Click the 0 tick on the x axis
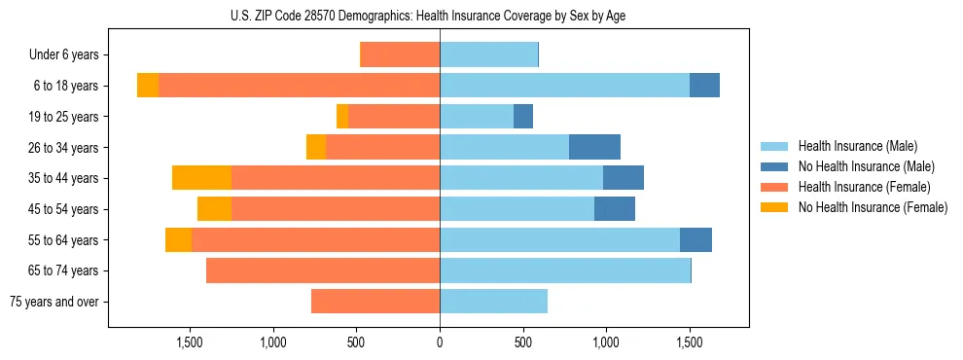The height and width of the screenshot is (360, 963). point(440,342)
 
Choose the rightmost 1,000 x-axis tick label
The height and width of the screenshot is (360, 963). point(606,342)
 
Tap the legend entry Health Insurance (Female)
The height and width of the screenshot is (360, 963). point(864,187)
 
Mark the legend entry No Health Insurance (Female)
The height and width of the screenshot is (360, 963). point(873,207)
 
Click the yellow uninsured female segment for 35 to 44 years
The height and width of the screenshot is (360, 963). point(201,178)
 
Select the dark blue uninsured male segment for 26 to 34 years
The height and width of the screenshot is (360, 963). point(594,147)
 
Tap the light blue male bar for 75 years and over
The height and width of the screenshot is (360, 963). point(493,302)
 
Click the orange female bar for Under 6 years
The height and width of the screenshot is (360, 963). point(400,55)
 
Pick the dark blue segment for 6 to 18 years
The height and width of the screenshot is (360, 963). point(704,86)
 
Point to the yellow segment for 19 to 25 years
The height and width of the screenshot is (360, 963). point(342,117)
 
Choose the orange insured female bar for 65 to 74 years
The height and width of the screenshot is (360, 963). point(323,270)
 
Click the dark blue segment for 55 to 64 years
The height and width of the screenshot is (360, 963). point(695,239)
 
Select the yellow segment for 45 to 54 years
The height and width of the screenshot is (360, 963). point(214,209)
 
